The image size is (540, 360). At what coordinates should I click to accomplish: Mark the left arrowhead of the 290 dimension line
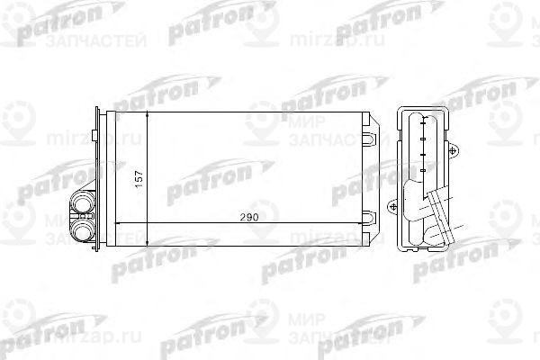(x=124, y=222)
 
